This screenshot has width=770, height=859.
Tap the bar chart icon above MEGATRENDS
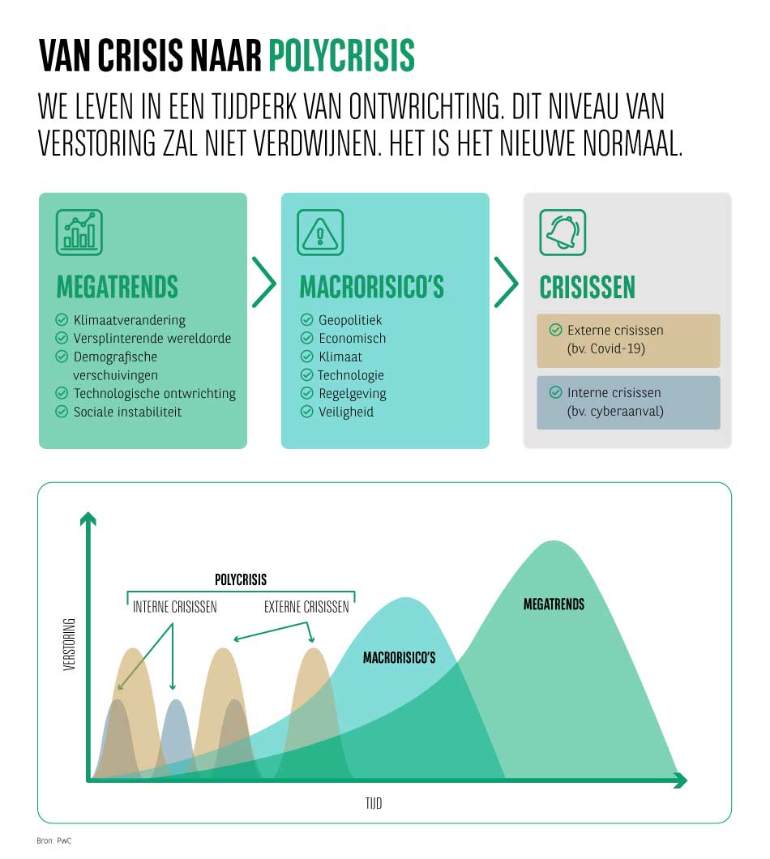79,233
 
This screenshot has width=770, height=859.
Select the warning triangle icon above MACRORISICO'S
320,233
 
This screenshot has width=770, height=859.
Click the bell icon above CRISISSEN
563,233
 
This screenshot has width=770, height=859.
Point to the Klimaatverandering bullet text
129,320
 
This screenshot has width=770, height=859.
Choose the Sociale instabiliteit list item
127,412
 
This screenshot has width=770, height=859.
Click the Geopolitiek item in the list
349,320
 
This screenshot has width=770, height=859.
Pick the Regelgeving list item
352,393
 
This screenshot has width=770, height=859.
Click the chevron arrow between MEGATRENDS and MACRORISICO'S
263,283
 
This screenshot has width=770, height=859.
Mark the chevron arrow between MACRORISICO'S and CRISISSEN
506,283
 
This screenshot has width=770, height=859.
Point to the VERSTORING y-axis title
69,645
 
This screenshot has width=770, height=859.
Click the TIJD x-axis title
373,803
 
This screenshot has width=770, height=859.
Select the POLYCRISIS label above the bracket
241,580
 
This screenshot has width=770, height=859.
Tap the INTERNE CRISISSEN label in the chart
175,607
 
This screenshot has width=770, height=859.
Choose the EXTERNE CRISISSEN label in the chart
306,607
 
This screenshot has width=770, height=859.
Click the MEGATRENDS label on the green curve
554,605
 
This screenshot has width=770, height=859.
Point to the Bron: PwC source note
54,842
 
